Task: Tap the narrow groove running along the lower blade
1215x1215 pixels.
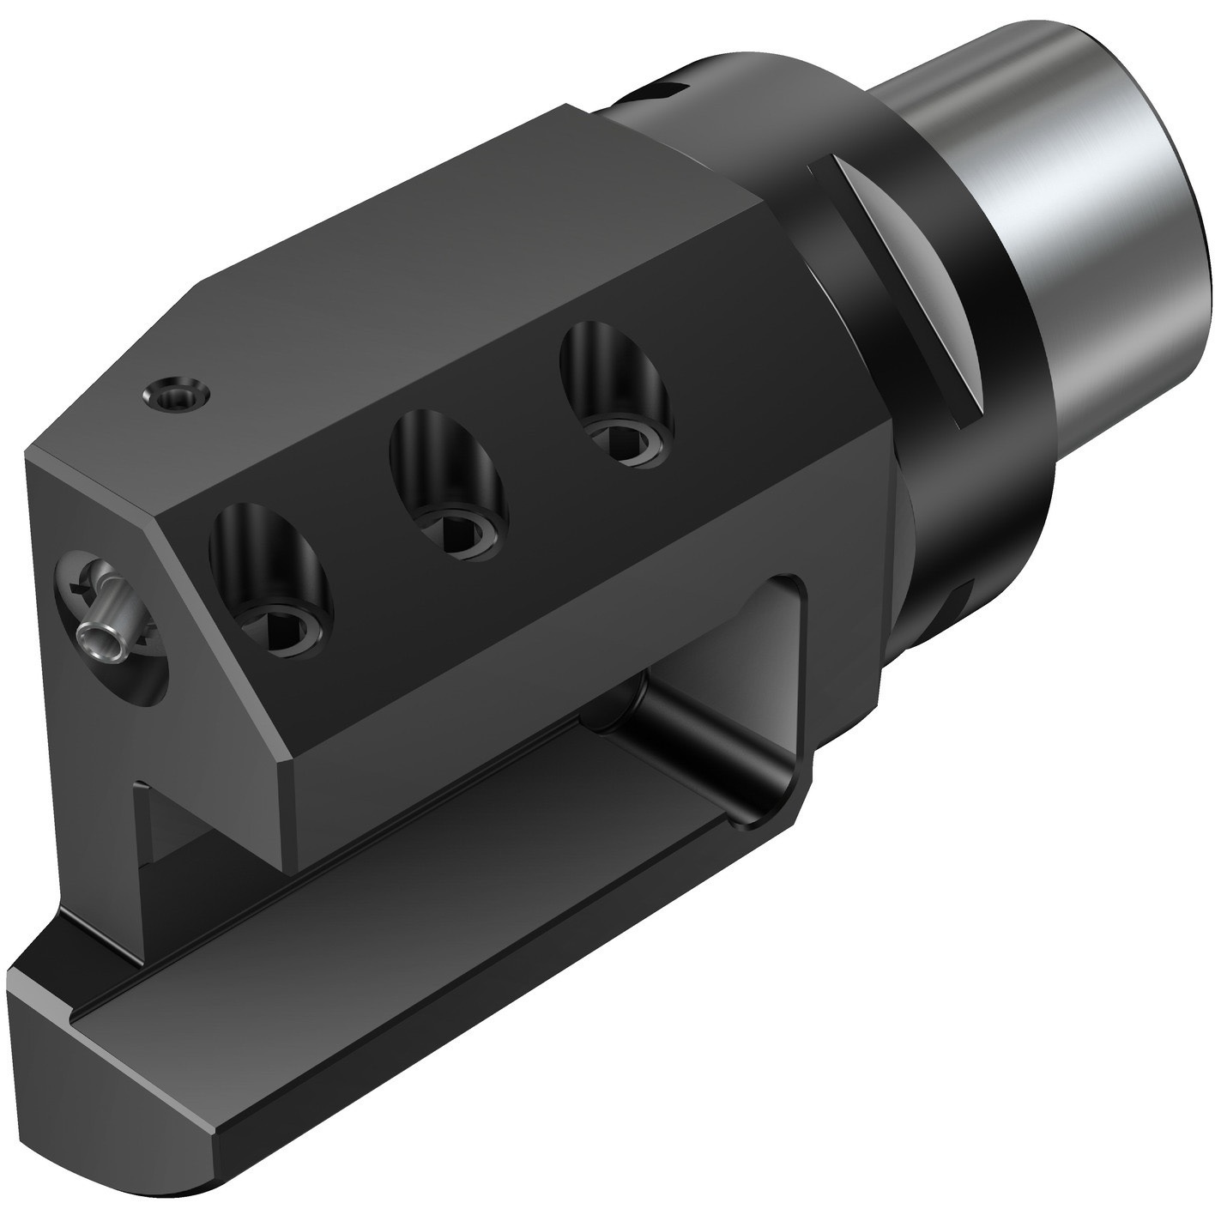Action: coord(343,867)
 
